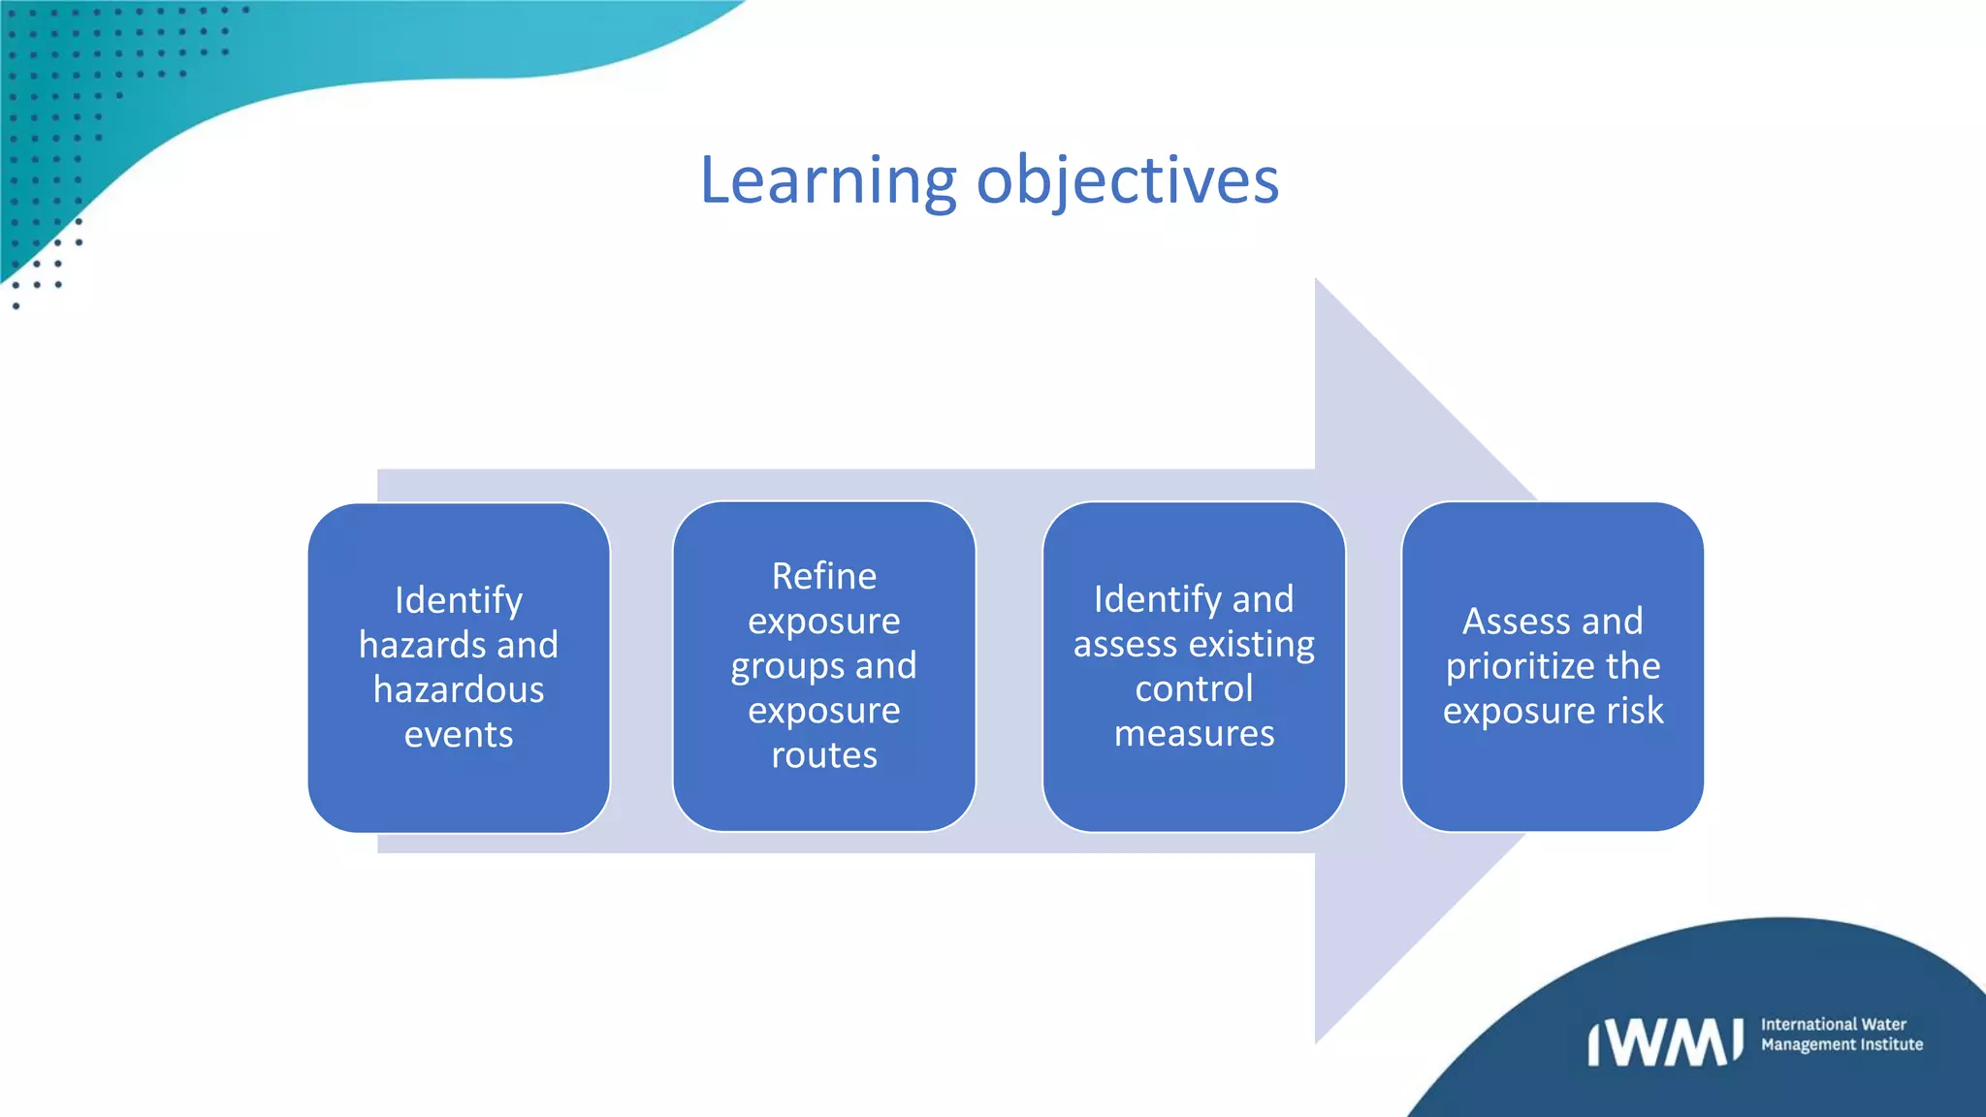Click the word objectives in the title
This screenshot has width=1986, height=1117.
[x=1128, y=181]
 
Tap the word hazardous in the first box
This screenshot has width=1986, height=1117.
[x=459, y=689]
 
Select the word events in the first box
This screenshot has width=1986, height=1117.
[x=459, y=735]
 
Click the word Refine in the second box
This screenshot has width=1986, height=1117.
[x=824, y=576]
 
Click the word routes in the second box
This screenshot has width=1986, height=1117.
[x=824, y=755]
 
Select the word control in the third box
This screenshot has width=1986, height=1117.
[x=1194, y=689]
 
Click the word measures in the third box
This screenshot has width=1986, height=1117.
[x=1194, y=734]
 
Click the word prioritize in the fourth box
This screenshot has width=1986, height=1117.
[x=1520, y=667]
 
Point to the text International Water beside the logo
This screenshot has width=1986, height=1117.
[x=1833, y=1024]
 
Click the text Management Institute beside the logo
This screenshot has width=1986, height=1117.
[x=1842, y=1044]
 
